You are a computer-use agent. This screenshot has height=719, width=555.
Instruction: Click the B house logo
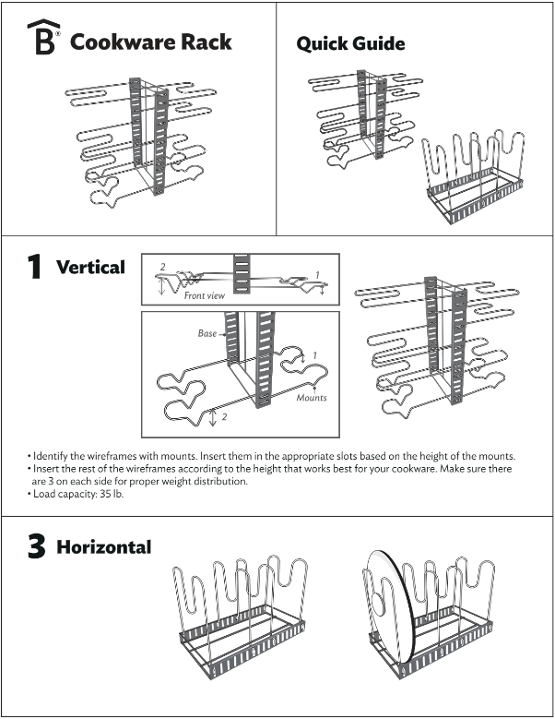click(42, 40)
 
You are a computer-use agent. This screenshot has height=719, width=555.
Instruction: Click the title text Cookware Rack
click(150, 42)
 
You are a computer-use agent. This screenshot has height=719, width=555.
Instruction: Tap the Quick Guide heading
click(349, 43)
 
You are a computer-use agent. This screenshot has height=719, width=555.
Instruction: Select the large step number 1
click(33, 268)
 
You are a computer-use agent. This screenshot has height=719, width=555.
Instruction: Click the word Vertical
click(90, 268)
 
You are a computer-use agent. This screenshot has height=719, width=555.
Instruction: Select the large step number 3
click(34, 546)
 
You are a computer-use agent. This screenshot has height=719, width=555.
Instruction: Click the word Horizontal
click(103, 547)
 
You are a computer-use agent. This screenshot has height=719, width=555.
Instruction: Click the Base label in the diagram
click(207, 332)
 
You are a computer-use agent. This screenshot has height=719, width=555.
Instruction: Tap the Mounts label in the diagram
click(311, 398)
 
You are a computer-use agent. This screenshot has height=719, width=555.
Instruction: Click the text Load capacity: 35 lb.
click(77, 494)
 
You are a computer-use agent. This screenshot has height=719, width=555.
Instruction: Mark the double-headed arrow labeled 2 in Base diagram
click(214, 418)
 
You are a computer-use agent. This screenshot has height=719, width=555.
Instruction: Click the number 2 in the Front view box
click(162, 267)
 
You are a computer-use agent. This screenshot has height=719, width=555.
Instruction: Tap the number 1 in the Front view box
click(317, 275)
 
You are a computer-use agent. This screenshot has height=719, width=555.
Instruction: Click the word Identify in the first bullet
click(48, 457)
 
